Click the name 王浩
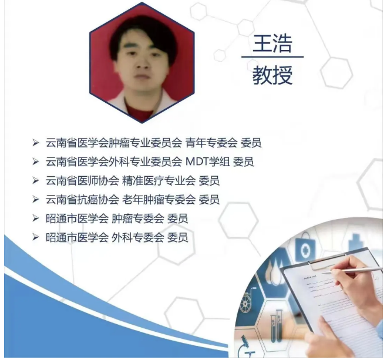[x=272, y=44]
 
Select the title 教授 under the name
[x=272, y=75]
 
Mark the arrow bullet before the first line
[x=36, y=143]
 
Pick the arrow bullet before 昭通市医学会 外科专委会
[x=36, y=238]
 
